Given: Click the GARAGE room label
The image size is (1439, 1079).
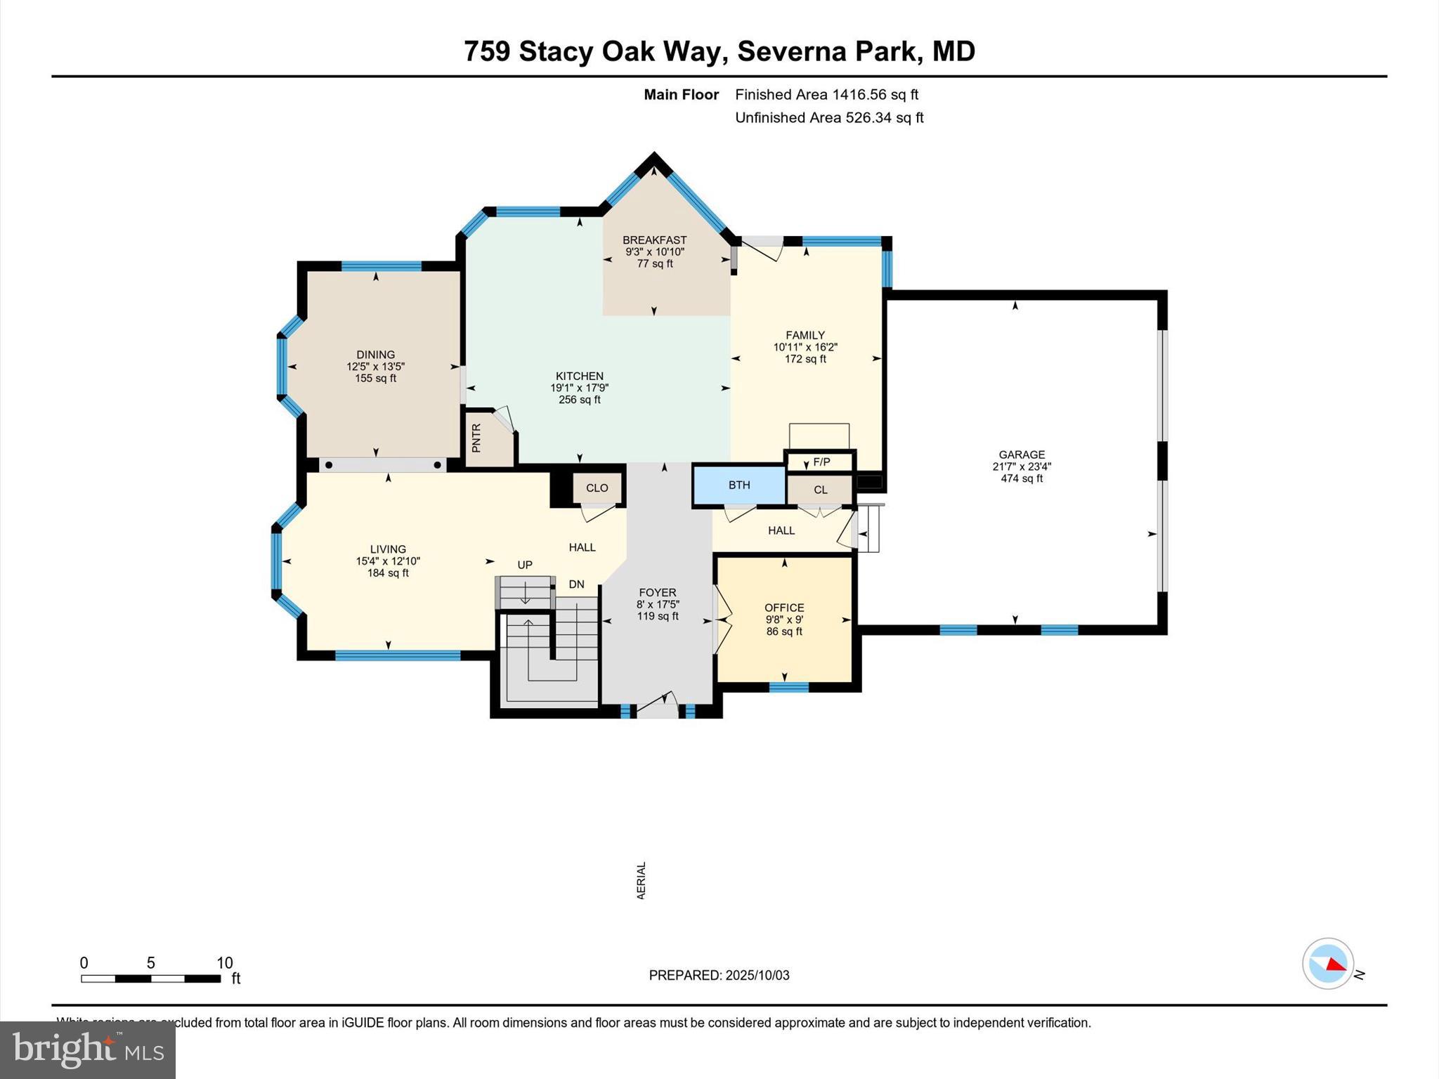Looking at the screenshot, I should click(x=1022, y=455).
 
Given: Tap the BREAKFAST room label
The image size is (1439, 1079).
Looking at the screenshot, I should click(x=654, y=240).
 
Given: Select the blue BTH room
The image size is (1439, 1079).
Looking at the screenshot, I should click(x=739, y=485).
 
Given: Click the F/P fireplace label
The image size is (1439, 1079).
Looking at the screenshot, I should click(x=821, y=462).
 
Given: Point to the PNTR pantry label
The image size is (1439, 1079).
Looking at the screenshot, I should click(x=476, y=438).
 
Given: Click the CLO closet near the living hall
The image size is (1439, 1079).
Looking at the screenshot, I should click(x=597, y=488).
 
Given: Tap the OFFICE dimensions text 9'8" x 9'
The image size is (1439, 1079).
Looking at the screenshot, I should click(x=784, y=620).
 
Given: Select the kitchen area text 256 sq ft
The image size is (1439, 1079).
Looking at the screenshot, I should click(x=580, y=400).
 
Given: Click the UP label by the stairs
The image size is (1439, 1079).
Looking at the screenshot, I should click(x=525, y=565).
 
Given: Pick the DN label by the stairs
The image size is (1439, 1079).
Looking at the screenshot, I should click(x=576, y=584).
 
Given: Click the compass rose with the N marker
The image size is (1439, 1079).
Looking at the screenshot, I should click(x=1328, y=964).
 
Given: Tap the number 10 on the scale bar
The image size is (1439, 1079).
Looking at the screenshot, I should click(x=224, y=963).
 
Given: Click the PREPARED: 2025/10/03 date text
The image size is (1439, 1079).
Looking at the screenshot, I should click(x=719, y=975).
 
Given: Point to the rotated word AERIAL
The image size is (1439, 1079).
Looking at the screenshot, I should click(x=641, y=880).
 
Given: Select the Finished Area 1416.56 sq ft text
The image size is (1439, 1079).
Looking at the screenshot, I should click(x=826, y=94).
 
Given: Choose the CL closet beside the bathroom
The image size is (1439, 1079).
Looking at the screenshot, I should click(x=820, y=490).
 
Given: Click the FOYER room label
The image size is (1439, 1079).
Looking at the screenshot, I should click(x=657, y=593).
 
